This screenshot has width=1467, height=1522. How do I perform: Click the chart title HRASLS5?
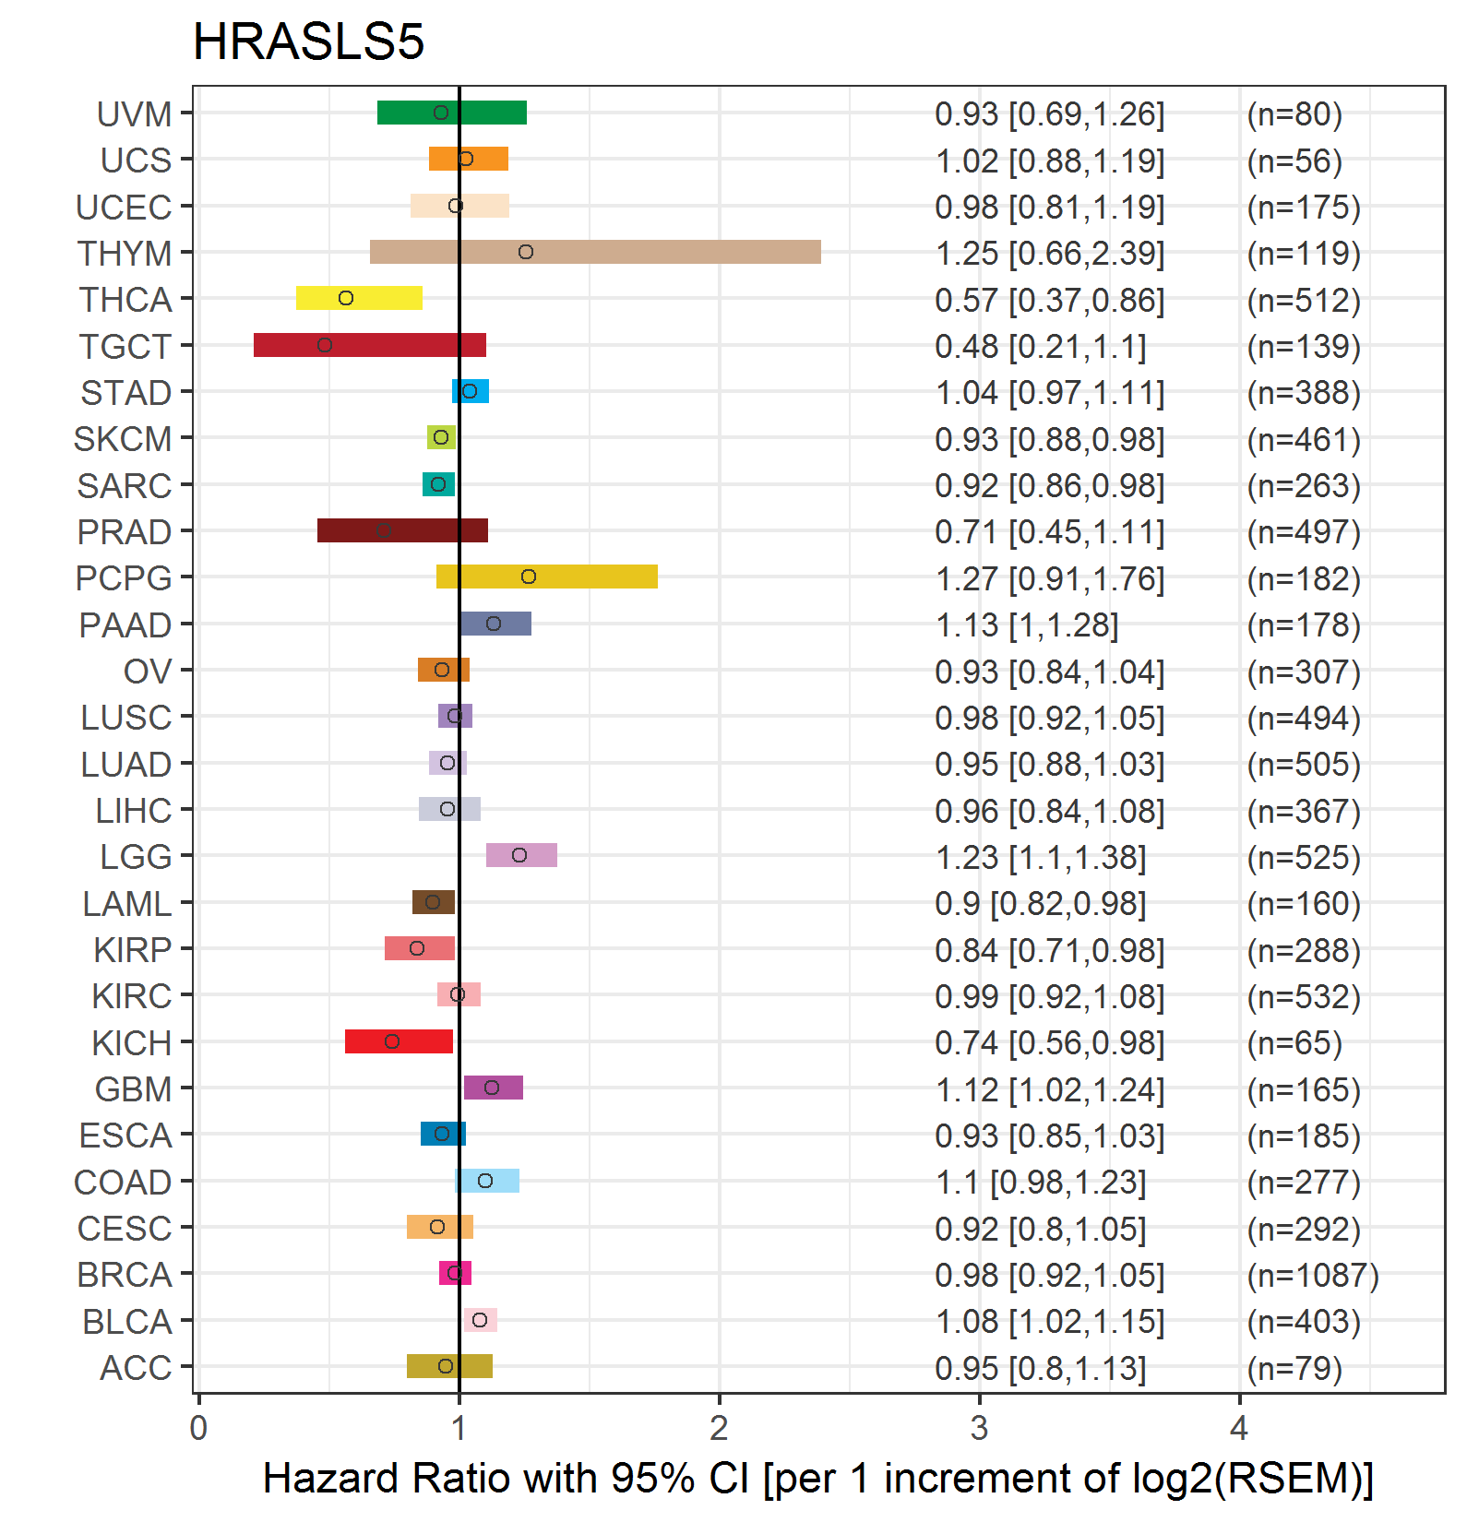(308, 42)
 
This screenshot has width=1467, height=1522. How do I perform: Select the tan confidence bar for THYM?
(595, 252)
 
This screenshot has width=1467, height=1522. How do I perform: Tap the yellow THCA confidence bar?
(359, 298)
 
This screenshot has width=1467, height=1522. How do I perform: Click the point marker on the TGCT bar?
(325, 345)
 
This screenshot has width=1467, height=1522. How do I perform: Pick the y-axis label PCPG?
(124, 578)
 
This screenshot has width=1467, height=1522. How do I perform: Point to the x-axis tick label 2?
(719, 1428)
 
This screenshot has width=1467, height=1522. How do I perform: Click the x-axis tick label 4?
(1238, 1428)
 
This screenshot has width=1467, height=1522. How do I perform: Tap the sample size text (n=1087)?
(1312, 1275)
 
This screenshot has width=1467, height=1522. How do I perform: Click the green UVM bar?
(451, 113)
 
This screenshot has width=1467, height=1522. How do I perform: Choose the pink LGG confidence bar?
(521, 855)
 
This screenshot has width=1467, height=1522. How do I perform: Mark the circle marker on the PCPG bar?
(529, 577)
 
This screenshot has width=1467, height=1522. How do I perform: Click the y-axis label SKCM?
(123, 439)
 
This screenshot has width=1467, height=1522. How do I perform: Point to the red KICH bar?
(399, 1041)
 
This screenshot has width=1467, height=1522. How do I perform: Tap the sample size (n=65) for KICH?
(1294, 1043)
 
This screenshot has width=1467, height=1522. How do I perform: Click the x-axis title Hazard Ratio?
(817, 1478)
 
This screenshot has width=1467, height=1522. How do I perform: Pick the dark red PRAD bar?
(402, 530)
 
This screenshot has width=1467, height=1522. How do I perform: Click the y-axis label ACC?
(136, 1368)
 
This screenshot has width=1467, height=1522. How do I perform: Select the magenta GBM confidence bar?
(493, 1088)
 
